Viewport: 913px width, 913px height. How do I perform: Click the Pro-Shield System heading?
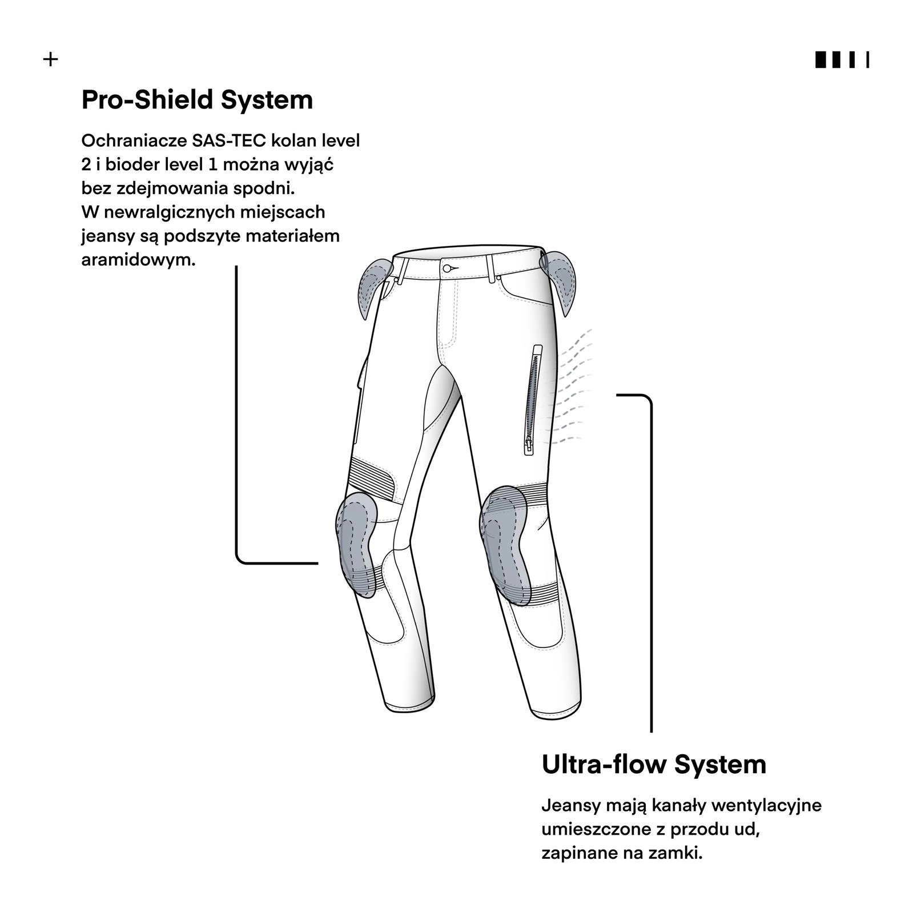[x=197, y=100]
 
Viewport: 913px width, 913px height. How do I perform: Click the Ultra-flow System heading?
[x=653, y=764]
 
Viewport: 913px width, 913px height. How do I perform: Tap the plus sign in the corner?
[x=51, y=59]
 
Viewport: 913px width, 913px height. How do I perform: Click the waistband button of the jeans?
[x=448, y=268]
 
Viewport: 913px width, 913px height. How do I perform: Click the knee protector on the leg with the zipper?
[x=505, y=543]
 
